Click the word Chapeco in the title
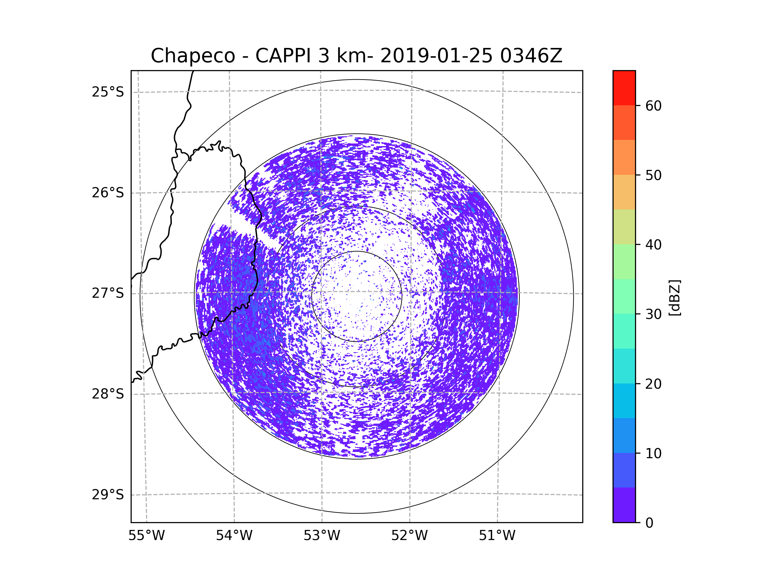point(193,56)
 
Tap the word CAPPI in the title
point(282,56)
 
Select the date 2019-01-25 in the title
point(436,56)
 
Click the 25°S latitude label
point(108,92)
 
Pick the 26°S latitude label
point(108,193)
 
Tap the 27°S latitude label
point(108,293)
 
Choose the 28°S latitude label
point(108,394)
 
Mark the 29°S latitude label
point(108,495)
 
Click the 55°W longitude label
point(146,536)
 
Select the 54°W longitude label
point(234,536)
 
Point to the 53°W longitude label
point(322,536)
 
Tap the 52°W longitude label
point(409,536)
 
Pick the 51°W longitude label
point(497,536)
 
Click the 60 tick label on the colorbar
point(653,106)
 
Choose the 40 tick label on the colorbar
point(653,245)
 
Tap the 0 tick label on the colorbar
point(649,523)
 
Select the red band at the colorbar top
point(624,88)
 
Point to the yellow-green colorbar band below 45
point(624,227)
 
